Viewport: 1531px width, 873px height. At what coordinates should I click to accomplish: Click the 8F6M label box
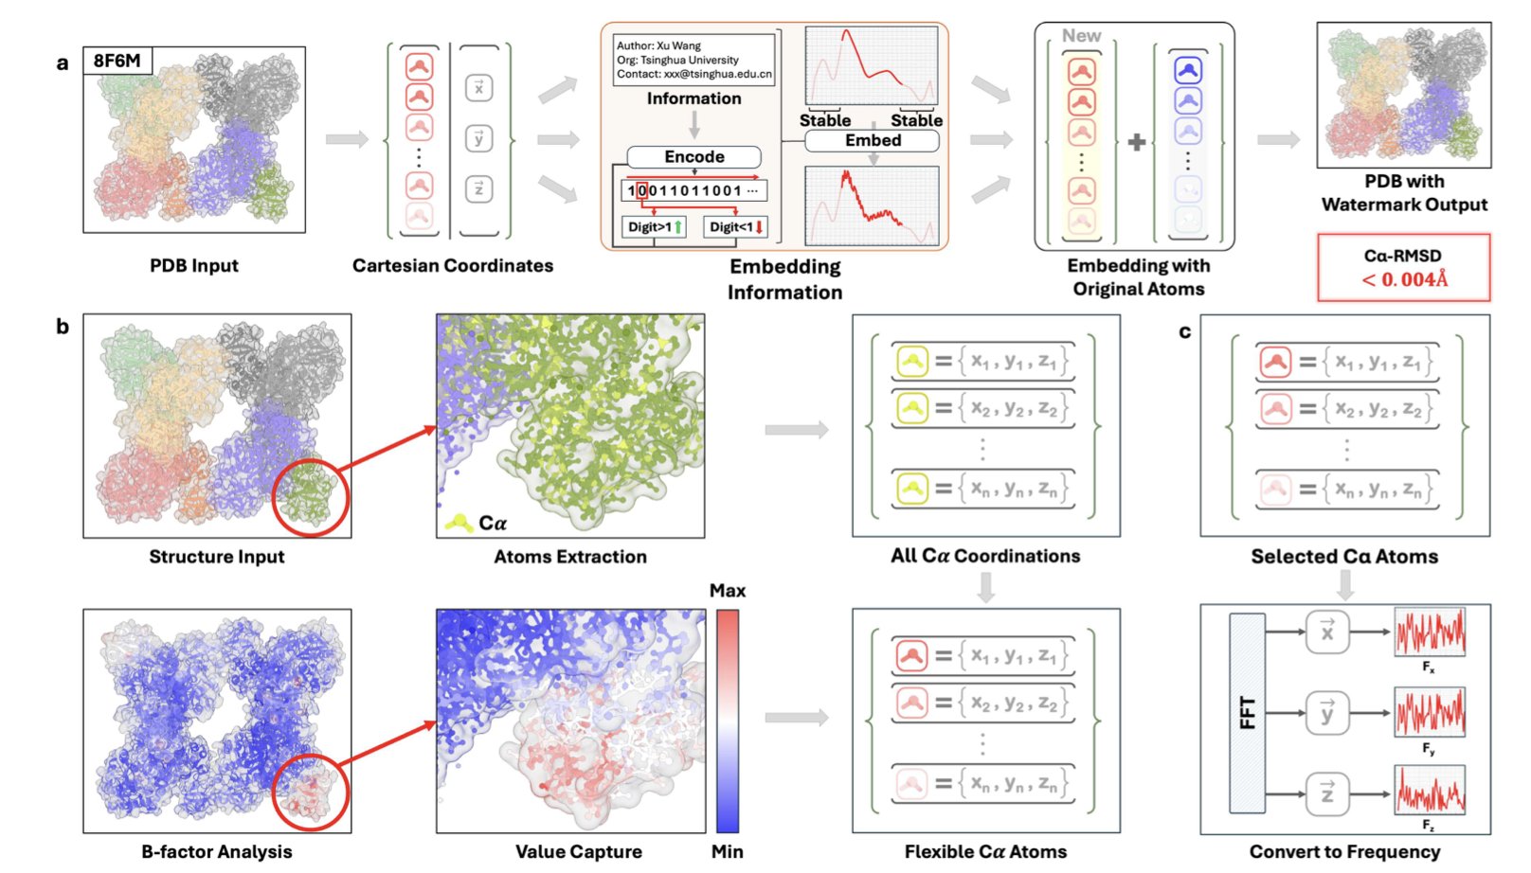coord(117,61)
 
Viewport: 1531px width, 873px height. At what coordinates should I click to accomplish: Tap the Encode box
coord(693,157)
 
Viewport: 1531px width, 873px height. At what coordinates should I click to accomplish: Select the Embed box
coord(872,141)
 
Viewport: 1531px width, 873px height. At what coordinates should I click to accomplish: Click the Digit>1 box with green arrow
coord(654,227)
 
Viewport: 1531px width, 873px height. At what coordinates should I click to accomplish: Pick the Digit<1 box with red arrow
coord(736,227)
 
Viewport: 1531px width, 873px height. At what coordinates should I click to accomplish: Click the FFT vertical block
coord(1247,713)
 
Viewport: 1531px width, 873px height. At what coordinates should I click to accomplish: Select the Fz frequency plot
coord(1430,790)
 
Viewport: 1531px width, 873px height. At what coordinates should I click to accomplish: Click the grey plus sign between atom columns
coord(1137,142)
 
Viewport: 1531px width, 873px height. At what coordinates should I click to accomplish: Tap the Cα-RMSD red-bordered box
coord(1403,268)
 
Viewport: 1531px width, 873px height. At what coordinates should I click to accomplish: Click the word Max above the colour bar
coord(727,590)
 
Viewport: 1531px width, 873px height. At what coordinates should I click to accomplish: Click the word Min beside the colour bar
coord(727,851)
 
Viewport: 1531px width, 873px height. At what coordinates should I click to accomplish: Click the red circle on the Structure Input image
coord(310,496)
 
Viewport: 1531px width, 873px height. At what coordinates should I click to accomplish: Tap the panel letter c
coord(1184,331)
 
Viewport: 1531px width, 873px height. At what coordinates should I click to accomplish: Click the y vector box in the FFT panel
coord(1326,713)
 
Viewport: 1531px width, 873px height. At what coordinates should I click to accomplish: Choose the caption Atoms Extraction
coord(569,557)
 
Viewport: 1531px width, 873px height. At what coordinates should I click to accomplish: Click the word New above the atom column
coord(1081,36)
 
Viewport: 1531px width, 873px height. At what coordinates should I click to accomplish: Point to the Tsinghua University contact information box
coord(693,60)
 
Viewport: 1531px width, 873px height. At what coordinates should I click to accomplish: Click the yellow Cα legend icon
coord(459,522)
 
